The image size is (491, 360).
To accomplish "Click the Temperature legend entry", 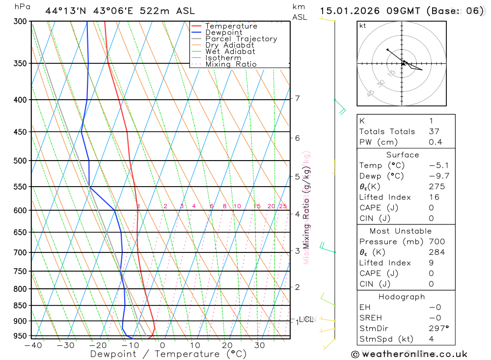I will (231, 26).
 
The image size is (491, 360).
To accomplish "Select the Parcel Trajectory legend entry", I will (241, 39).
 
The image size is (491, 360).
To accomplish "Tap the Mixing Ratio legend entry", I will (231, 64).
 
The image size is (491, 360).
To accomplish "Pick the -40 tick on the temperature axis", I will (33, 345).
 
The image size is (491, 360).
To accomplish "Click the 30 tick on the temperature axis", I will (260, 345).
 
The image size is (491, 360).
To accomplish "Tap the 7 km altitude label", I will (298, 99).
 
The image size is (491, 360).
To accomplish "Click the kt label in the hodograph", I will (363, 26).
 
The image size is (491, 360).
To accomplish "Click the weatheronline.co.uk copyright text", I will (409, 354).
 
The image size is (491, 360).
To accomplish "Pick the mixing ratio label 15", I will (257, 206).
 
